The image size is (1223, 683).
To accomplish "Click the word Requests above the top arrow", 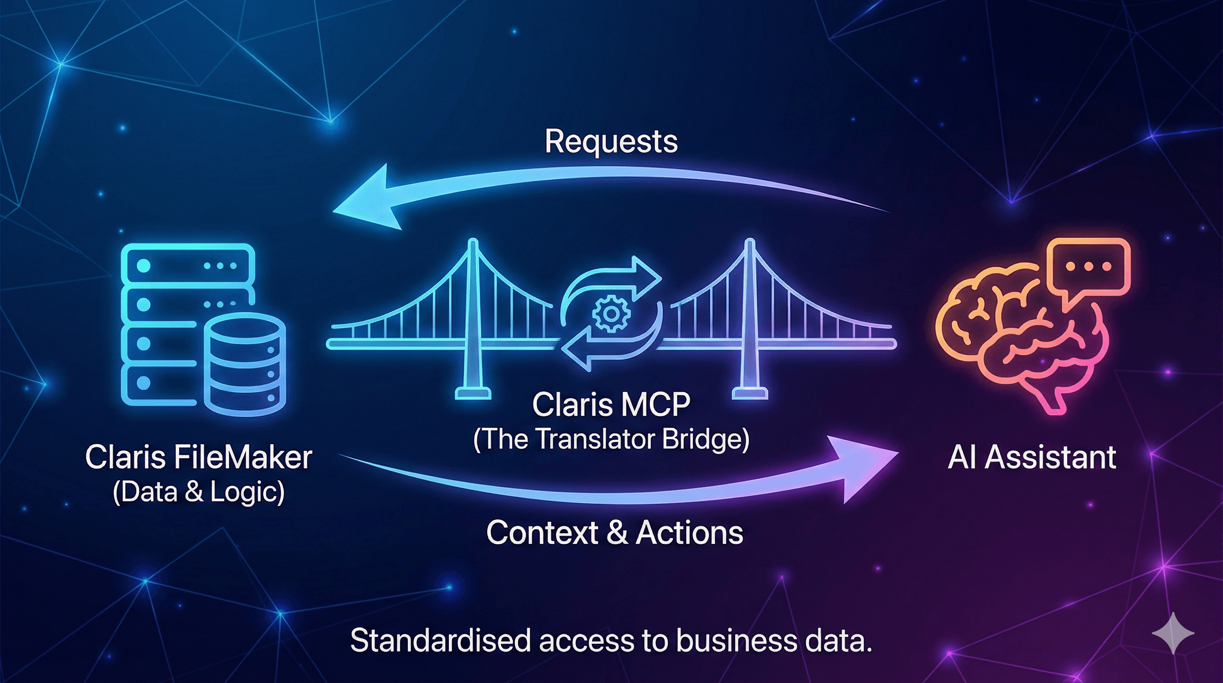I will [x=611, y=141].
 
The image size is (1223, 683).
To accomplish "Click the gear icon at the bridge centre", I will [x=611, y=313].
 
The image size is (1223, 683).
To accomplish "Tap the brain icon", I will [x=1021, y=333].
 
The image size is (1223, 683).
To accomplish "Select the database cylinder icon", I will [x=245, y=363].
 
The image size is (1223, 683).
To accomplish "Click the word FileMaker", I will [x=243, y=458].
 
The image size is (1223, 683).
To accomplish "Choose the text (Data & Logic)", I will [x=199, y=492].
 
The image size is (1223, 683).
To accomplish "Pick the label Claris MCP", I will [x=611, y=405].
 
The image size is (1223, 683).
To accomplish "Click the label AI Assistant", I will [x=1031, y=458].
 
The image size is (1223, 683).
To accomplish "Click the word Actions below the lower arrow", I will [x=689, y=532].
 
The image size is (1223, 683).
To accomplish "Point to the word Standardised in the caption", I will [x=440, y=640].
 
